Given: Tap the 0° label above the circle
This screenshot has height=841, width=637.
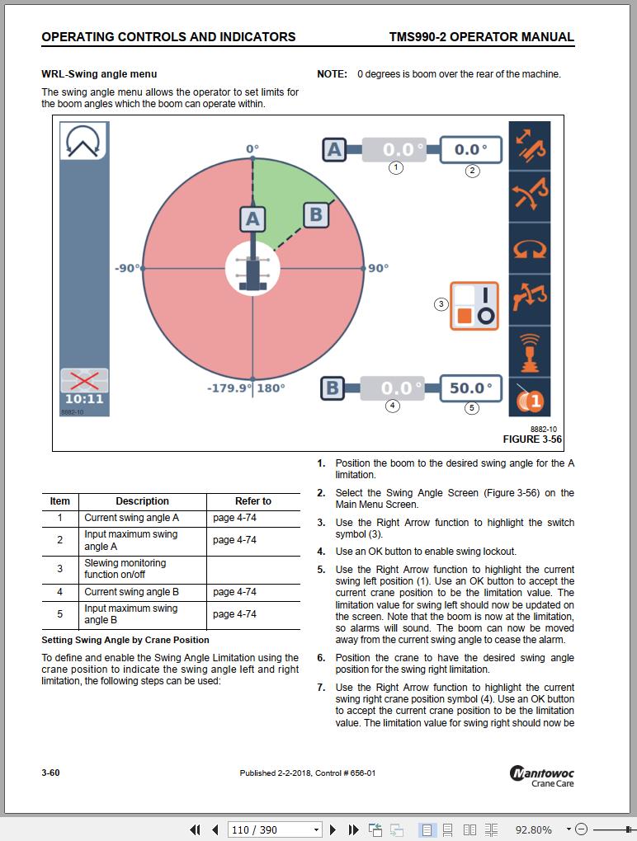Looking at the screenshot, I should point(252,149).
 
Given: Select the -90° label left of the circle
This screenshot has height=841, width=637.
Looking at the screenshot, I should point(126,268).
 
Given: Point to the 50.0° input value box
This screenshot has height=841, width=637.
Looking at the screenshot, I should point(471,388).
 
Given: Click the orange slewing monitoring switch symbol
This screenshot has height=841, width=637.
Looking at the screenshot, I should point(474,305).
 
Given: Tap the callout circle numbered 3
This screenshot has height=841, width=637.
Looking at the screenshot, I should point(441,304).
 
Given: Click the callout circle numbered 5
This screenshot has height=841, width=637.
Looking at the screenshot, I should point(472,407).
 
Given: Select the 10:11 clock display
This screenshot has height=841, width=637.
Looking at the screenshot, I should point(84,399).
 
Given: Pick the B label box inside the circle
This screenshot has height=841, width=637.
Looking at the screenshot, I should point(315,215).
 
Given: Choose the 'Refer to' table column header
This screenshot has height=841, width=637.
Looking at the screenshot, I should point(252,501).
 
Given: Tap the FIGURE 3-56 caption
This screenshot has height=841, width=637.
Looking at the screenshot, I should point(532,439).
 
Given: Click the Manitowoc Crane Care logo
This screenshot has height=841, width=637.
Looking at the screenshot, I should point(542,777).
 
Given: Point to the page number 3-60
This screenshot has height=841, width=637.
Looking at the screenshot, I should point(50,773).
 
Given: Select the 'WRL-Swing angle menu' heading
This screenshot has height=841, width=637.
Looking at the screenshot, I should point(99,74).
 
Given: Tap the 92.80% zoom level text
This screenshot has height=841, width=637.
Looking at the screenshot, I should point(534,829).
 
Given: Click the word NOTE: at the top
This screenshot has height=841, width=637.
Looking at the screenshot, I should point(332,74).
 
